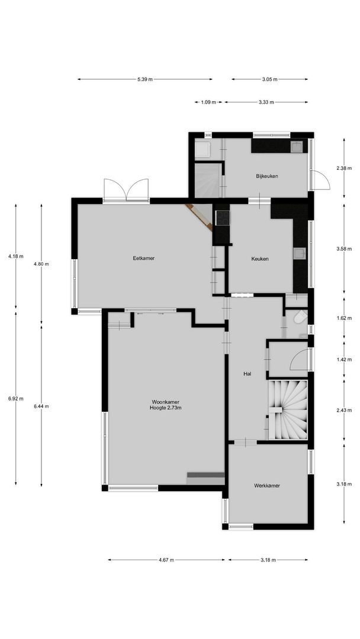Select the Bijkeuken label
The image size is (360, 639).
267,176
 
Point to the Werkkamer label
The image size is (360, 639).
266,485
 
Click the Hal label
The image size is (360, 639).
247,374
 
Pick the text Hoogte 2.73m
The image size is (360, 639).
165,408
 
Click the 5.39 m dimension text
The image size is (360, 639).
144,79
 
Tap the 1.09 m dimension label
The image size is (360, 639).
208,102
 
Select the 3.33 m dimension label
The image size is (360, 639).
266,102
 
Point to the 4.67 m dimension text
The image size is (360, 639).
166,560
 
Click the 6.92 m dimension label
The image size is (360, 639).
16,399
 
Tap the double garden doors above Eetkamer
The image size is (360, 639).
126,191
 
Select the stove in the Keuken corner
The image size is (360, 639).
222,217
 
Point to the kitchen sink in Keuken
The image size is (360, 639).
299,254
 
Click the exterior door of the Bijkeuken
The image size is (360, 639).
320,179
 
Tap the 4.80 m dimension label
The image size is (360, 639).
41,264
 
